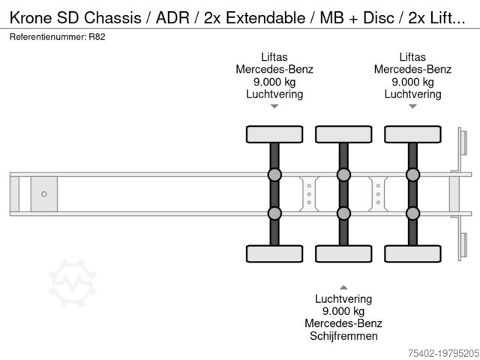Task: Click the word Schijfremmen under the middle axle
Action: tap(343, 336)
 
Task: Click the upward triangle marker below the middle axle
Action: tap(343, 287)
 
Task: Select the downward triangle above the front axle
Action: tap(274, 106)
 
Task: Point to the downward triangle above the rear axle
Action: tap(412, 106)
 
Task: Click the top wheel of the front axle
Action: tap(274, 134)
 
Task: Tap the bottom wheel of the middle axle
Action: tap(343, 253)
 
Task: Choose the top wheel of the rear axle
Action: tap(412, 134)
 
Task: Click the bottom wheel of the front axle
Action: tap(274, 253)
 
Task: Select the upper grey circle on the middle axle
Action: tap(343, 175)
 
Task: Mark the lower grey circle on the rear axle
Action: tap(412, 213)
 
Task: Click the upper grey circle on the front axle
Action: tap(274, 175)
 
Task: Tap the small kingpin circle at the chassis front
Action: tap(43, 194)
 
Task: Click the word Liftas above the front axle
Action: tap(274, 57)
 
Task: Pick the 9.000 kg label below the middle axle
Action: tap(343, 311)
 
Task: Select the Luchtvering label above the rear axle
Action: tap(412, 94)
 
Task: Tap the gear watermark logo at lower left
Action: tap(73, 283)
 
